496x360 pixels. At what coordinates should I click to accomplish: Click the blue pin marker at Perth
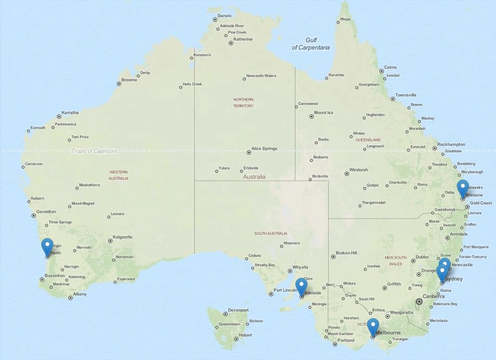(x=47, y=246)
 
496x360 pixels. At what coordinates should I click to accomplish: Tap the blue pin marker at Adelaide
(x=302, y=287)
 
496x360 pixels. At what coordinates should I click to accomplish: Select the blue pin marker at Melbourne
(x=373, y=326)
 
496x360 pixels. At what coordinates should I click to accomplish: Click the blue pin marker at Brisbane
(x=462, y=188)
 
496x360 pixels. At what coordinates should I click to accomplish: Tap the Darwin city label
(x=224, y=16)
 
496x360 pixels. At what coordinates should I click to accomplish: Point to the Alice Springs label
(x=264, y=149)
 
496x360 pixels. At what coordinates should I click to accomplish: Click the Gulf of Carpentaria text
(x=311, y=44)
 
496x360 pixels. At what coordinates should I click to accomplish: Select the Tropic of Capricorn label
(x=94, y=151)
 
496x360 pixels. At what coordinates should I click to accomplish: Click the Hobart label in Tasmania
(x=244, y=335)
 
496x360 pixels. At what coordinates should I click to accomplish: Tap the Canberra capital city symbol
(x=419, y=301)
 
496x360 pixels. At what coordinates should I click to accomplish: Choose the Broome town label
(x=129, y=80)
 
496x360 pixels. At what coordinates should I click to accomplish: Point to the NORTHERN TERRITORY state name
(x=243, y=103)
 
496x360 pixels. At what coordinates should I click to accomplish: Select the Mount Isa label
(x=323, y=112)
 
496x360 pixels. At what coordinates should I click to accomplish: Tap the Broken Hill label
(x=346, y=253)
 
